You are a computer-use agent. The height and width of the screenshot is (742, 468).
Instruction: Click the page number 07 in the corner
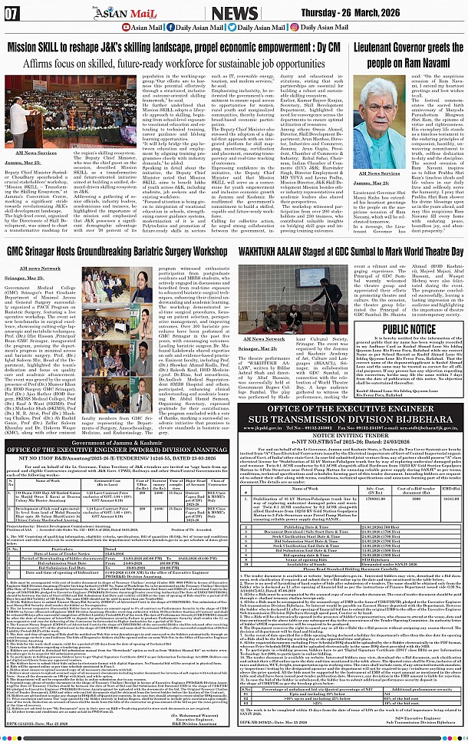pos(12,12)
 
